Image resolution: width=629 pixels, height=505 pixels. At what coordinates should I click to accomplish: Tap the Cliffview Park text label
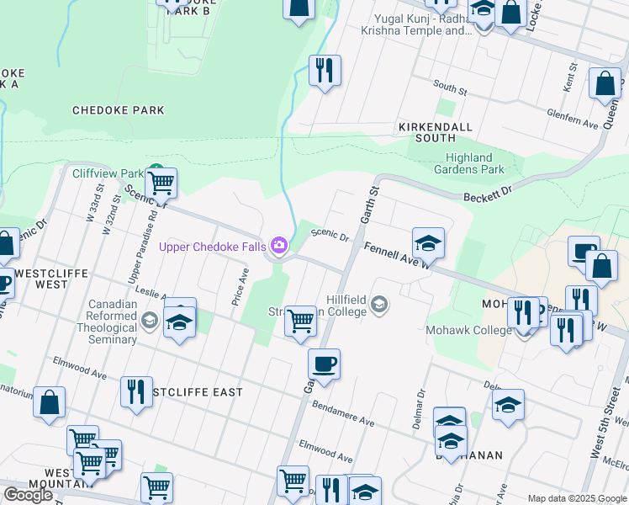(108, 173)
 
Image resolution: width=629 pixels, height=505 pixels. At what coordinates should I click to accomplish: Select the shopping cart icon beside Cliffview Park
(161, 182)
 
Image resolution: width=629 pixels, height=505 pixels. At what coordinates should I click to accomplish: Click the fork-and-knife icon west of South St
(325, 70)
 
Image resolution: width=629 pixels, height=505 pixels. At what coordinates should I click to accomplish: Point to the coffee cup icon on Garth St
(324, 364)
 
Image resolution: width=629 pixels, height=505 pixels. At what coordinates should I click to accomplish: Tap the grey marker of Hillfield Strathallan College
(379, 304)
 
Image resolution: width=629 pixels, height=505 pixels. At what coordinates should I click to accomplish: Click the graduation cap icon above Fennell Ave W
(428, 242)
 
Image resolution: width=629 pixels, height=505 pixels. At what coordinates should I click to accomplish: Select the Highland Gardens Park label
(468, 163)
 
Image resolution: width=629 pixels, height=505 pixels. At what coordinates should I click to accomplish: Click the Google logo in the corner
(28, 494)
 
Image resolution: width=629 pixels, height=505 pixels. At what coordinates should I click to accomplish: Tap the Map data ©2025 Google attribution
(576, 498)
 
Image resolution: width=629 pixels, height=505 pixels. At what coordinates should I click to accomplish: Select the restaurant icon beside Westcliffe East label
(136, 391)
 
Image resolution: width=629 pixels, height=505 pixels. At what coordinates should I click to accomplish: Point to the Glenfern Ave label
(572, 122)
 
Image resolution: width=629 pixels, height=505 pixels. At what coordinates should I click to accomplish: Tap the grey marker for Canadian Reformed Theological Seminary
(150, 319)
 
